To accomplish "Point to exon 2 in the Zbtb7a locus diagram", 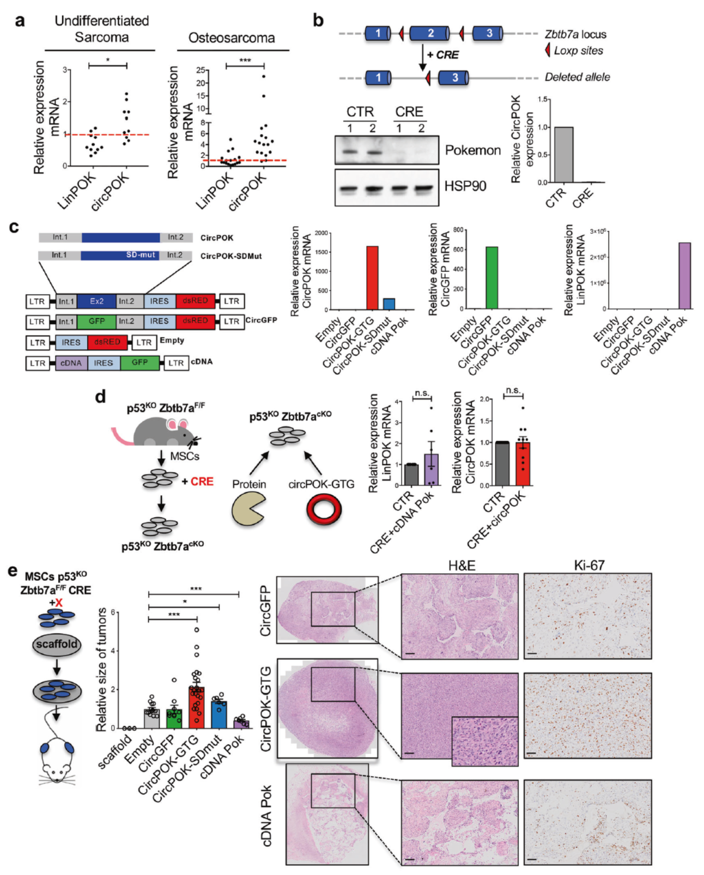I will click(429, 33).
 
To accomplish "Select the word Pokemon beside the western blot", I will click(472, 150).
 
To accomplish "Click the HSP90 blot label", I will click(465, 186).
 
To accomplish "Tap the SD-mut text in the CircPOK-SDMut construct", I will click(141, 255).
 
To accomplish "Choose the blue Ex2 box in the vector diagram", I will click(96, 301).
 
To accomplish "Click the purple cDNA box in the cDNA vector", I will click(71, 363).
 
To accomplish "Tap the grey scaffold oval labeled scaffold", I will click(57, 645).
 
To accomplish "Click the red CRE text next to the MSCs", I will click(202, 482).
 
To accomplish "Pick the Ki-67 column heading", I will click(589, 566).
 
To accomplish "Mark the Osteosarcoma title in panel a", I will click(232, 38).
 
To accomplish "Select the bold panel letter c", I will click(15, 227).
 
